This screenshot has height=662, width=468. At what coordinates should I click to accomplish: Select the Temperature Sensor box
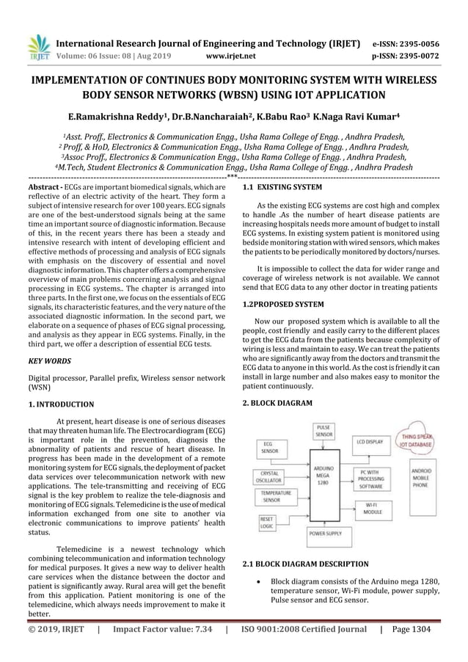(277, 496)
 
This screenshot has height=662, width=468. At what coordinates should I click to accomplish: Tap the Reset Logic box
(267, 521)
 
